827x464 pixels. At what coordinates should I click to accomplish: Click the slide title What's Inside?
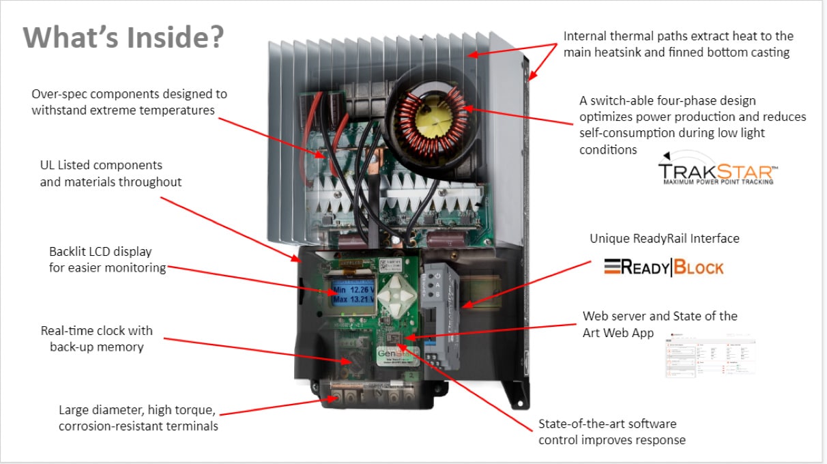(123, 37)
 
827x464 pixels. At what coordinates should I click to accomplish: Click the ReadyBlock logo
(663, 267)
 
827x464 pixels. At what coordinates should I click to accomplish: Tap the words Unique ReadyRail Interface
(665, 238)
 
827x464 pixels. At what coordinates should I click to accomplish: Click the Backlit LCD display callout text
(107, 259)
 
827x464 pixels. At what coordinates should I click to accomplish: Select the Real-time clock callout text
(97, 338)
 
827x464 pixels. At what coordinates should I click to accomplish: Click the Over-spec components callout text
(129, 102)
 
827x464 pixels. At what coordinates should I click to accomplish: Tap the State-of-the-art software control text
(611, 431)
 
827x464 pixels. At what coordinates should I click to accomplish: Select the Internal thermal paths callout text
(678, 44)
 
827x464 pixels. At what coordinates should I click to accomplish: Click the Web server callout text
(659, 325)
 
